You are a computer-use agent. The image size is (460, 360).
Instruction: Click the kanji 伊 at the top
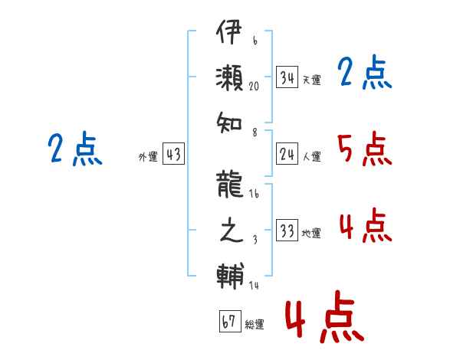pos(228,31)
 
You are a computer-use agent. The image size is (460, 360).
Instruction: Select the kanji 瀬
pos(229,77)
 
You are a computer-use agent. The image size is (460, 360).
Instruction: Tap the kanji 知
pos(228,123)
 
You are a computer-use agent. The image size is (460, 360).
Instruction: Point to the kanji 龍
pos(229,184)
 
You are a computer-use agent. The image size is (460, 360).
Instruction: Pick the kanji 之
pos(232,230)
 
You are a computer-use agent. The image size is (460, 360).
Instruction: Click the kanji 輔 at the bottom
pos(230,276)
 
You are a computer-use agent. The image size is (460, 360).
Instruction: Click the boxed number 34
pos(287,77)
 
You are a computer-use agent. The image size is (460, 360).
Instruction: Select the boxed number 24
pos(287,153)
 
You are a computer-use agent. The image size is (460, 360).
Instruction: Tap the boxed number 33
pos(287,230)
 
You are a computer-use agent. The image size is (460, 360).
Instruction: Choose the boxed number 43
pos(173,153)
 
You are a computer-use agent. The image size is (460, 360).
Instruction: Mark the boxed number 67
pos(230,321)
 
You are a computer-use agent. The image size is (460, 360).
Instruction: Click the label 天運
pos(311,80)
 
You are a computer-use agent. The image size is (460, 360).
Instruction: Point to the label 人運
pos(311,156)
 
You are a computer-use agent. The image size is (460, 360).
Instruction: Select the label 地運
pos(311,233)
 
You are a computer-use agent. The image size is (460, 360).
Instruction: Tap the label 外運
pos(148,157)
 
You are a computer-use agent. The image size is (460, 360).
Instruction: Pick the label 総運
pos(255,324)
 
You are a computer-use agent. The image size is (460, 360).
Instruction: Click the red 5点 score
pos(365,149)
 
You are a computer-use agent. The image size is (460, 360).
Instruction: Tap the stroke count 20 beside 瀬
pos(254,86)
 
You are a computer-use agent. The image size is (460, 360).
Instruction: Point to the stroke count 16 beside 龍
pos(254,194)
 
